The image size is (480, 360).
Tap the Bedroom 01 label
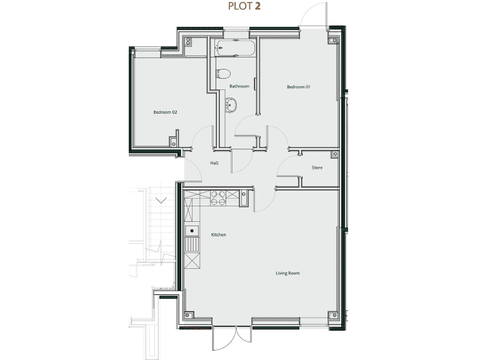(x=298, y=87)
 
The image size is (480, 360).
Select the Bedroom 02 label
(x=166, y=112)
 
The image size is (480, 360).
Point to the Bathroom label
(x=239, y=86)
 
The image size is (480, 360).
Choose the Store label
(x=317, y=167)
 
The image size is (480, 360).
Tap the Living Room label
(x=288, y=273)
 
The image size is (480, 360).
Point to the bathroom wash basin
(x=231, y=105)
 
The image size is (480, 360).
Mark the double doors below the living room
(x=232, y=337)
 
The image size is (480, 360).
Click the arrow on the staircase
(x=161, y=201)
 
